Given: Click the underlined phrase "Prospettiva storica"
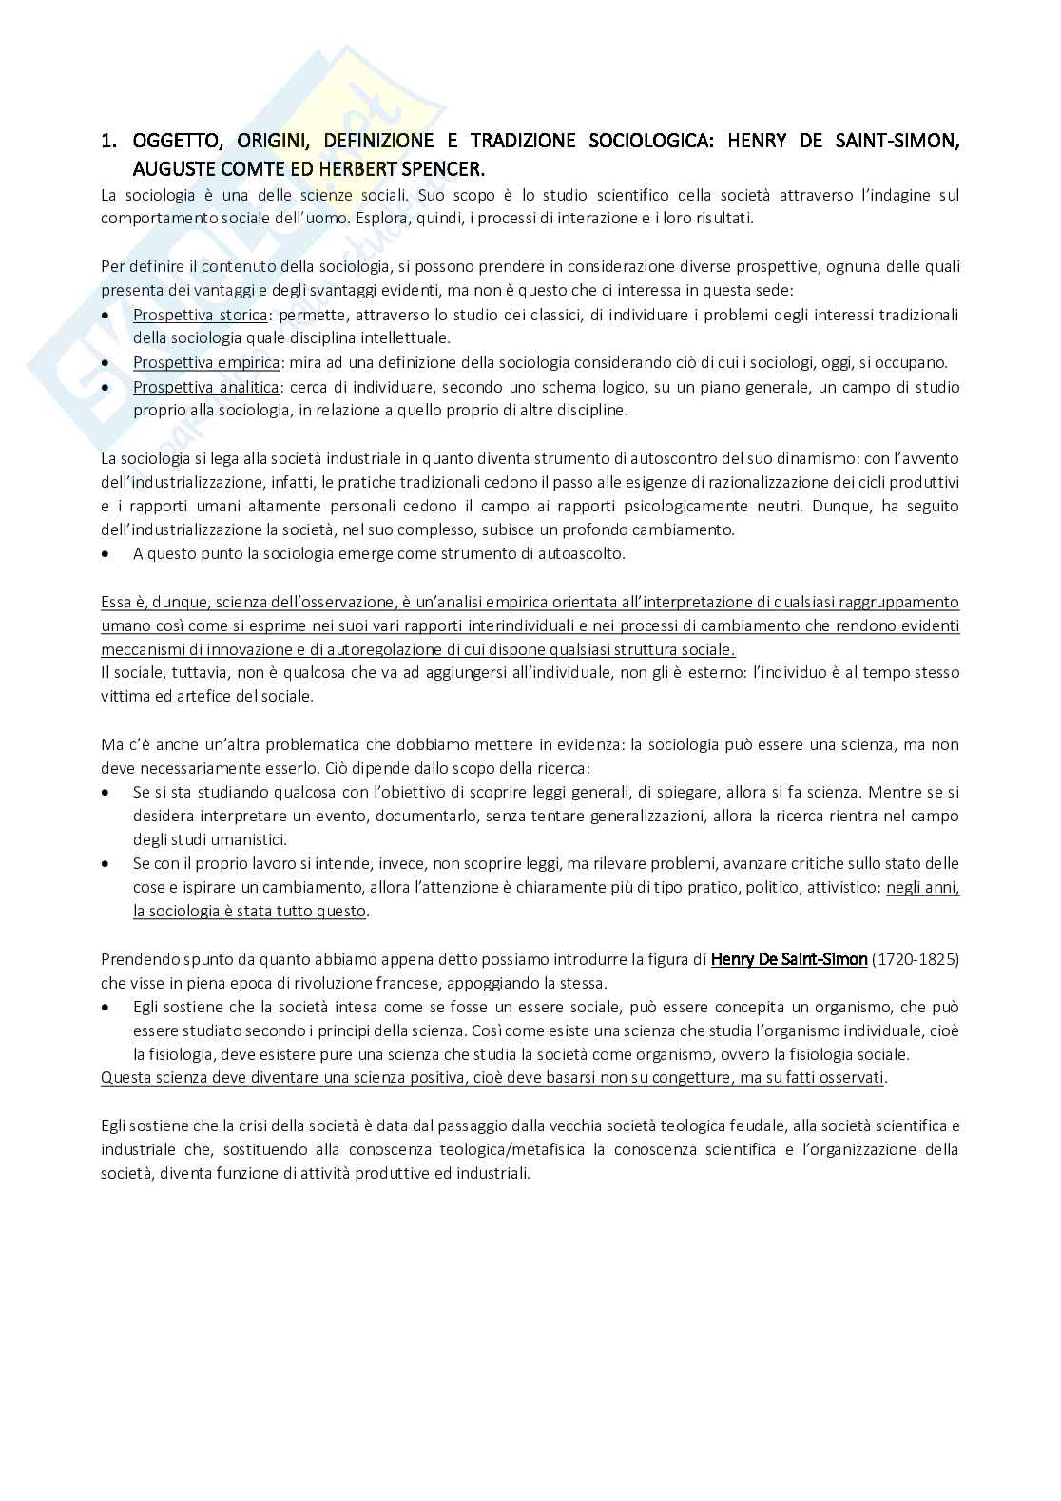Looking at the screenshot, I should [x=200, y=315].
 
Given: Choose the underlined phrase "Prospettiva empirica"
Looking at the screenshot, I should [x=206, y=362].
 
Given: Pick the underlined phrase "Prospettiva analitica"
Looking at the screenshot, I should [x=205, y=387].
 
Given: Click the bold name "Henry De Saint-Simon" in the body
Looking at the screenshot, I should [x=789, y=959].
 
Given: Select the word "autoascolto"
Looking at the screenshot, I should [x=580, y=553].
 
